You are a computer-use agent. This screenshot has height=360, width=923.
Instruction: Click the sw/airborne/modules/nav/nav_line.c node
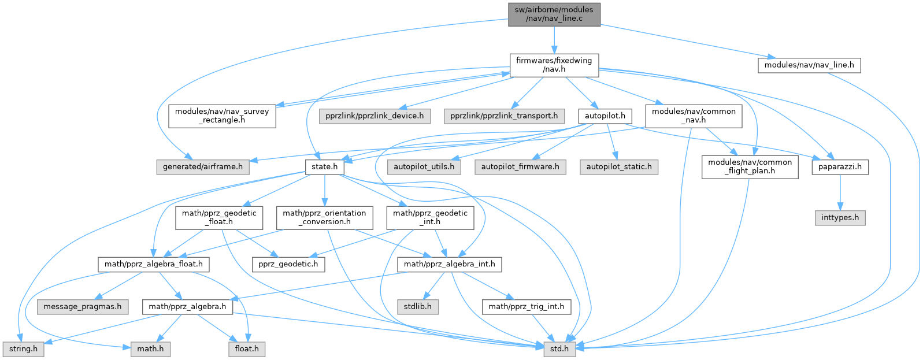point(554,14)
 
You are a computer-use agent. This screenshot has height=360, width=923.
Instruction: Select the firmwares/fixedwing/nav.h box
point(554,65)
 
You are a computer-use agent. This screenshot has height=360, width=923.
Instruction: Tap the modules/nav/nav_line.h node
point(809,65)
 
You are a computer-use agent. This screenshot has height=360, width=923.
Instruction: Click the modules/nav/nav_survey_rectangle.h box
point(222,116)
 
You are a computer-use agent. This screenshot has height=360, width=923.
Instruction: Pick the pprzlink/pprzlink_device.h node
point(374,116)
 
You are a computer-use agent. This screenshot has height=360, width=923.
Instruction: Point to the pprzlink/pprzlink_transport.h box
point(505,116)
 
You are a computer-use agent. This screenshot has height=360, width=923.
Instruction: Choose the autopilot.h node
point(605,116)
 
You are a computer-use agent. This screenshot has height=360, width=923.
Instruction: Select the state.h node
point(324,167)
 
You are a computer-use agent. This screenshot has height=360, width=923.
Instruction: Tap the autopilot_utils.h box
point(424,167)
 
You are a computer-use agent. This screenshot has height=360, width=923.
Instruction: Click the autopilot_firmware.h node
point(520,167)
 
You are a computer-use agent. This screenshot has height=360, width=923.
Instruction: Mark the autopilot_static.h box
point(619,167)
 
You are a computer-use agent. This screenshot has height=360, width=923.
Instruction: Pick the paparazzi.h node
point(840,167)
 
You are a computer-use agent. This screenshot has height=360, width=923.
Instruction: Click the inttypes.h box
point(840,218)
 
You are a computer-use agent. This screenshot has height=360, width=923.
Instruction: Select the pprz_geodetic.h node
point(288,264)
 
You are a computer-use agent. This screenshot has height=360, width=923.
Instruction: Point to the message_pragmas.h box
point(83,306)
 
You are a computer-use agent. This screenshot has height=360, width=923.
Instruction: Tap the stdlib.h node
point(417,306)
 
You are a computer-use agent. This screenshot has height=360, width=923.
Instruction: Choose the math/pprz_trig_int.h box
point(527,306)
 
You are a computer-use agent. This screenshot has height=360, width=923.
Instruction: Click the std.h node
point(559,349)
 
